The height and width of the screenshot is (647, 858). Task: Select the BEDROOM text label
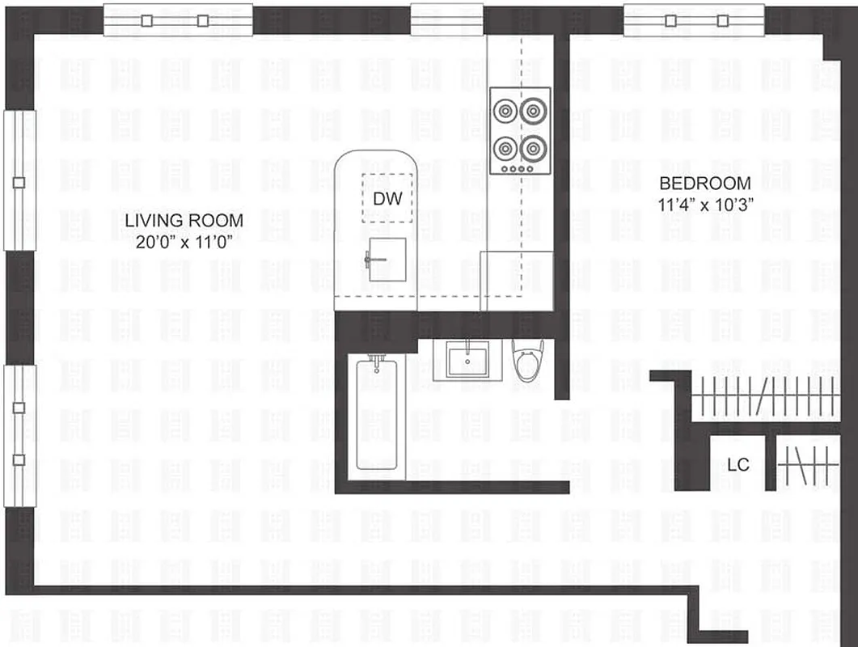[704, 184]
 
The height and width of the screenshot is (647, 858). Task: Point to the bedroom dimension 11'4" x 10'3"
[705, 204]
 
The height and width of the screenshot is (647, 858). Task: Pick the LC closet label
[738, 465]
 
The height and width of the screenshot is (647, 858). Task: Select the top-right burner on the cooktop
[535, 109]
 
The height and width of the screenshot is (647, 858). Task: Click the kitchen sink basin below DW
[387, 261]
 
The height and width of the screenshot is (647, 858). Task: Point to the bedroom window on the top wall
[694, 21]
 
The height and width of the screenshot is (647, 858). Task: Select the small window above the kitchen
[446, 19]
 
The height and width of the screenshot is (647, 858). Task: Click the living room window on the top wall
[178, 21]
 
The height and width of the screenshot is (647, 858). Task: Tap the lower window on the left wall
[19, 435]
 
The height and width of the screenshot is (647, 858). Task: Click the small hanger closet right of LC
[807, 465]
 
